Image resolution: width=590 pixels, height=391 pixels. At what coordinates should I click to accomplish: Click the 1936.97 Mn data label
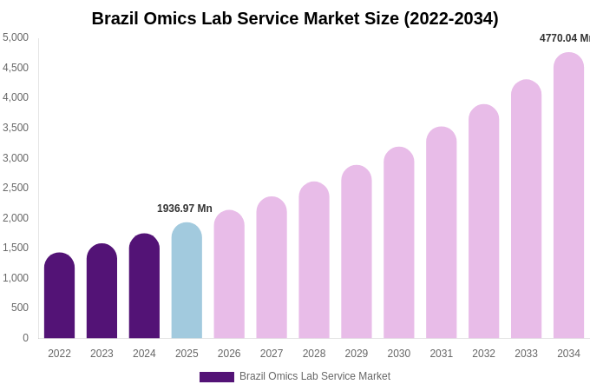pyautogui.click(x=185, y=209)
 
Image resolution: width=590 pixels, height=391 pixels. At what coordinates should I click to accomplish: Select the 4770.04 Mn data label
pyautogui.click(x=564, y=38)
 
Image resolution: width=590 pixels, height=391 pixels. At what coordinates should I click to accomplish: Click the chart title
pyautogui.click(x=295, y=18)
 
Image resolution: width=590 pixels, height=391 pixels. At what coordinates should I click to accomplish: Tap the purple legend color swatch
pyautogui.click(x=217, y=377)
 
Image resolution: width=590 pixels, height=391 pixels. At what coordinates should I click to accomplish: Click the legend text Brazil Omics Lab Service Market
pyautogui.click(x=315, y=376)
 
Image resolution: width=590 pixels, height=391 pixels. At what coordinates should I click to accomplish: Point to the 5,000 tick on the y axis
pyautogui.click(x=16, y=37)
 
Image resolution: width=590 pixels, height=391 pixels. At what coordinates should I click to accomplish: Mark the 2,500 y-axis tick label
pyautogui.click(x=16, y=188)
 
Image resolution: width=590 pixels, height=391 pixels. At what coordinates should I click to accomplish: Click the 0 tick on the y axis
pyautogui.click(x=25, y=338)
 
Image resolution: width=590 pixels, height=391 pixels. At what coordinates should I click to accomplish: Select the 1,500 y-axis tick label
pyautogui.click(x=16, y=248)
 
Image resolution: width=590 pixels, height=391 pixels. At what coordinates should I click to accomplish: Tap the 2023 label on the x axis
pyautogui.click(x=102, y=354)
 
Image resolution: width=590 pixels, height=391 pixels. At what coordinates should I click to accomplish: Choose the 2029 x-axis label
pyautogui.click(x=357, y=354)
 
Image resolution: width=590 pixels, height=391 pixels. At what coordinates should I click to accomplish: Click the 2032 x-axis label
pyautogui.click(x=484, y=354)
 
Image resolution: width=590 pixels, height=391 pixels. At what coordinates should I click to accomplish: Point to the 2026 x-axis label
pyautogui.click(x=229, y=354)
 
